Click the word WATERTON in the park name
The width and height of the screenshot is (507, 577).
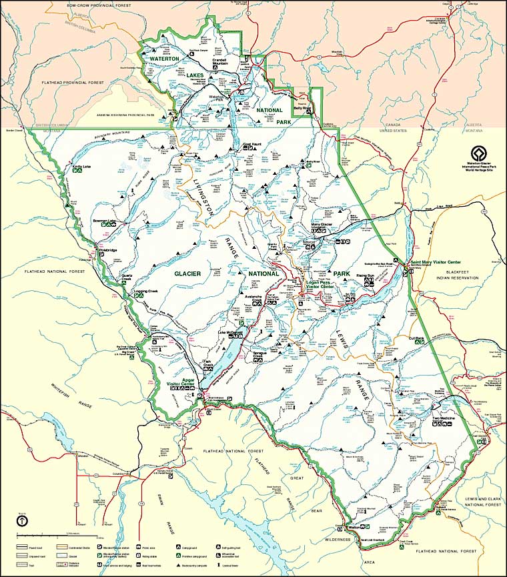coord(164,59)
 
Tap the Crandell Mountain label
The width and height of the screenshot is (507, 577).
coord(220,61)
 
